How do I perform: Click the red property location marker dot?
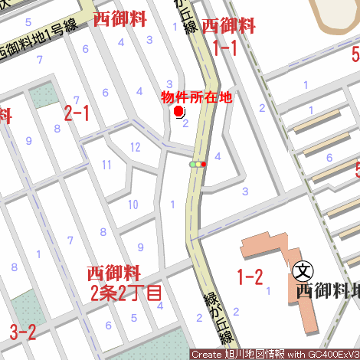point(179,112)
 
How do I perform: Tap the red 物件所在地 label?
point(195,97)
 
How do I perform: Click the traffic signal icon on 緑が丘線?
point(198,164)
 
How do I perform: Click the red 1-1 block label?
point(224,49)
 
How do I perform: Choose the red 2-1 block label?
point(77,113)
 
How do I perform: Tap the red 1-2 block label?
point(250,277)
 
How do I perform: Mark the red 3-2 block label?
point(23,332)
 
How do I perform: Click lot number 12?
point(135,147)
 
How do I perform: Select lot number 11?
point(107,165)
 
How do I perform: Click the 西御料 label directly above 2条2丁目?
point(113,273)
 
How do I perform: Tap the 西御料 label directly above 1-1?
point(229,26)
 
